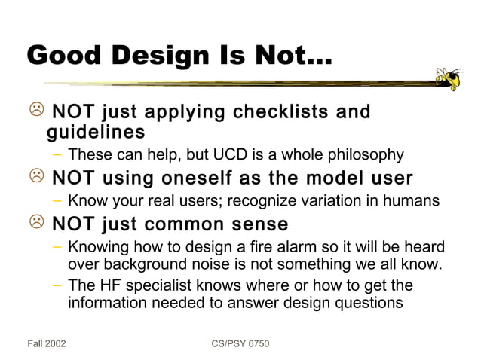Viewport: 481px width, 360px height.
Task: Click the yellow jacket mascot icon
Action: [449, 78]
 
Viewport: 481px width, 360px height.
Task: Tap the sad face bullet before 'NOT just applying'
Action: [35, 113]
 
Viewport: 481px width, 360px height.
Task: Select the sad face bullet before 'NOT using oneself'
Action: [35, 178]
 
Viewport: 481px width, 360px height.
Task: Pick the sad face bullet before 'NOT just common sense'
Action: [35, 224]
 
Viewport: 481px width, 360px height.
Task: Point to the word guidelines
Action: [96, 133]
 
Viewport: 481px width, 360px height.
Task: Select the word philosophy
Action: [365, 156]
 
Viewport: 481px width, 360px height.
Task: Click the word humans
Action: [412, 201]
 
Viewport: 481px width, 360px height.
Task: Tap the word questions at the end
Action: [371, 304]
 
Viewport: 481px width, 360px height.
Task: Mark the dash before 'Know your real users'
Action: [58, 201]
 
